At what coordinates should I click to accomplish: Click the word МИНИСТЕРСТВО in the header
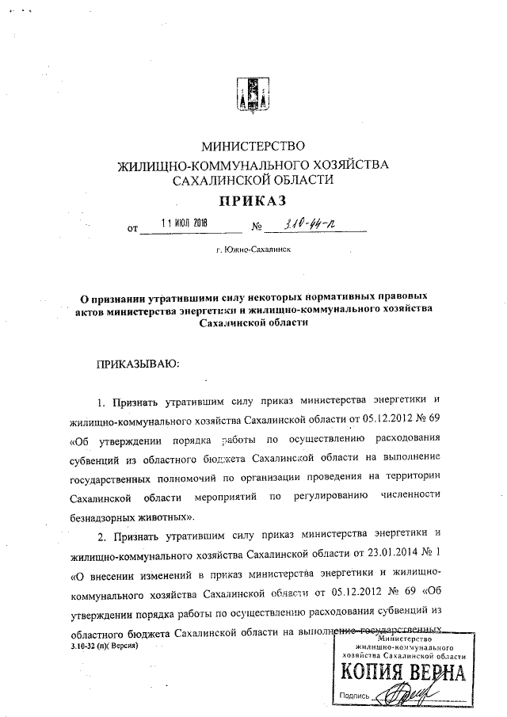click(253, 146)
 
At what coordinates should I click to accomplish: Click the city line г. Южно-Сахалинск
click(253, 249)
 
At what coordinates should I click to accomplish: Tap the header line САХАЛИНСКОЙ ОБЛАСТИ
click(253, 180)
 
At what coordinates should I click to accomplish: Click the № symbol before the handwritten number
click(257, 228)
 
